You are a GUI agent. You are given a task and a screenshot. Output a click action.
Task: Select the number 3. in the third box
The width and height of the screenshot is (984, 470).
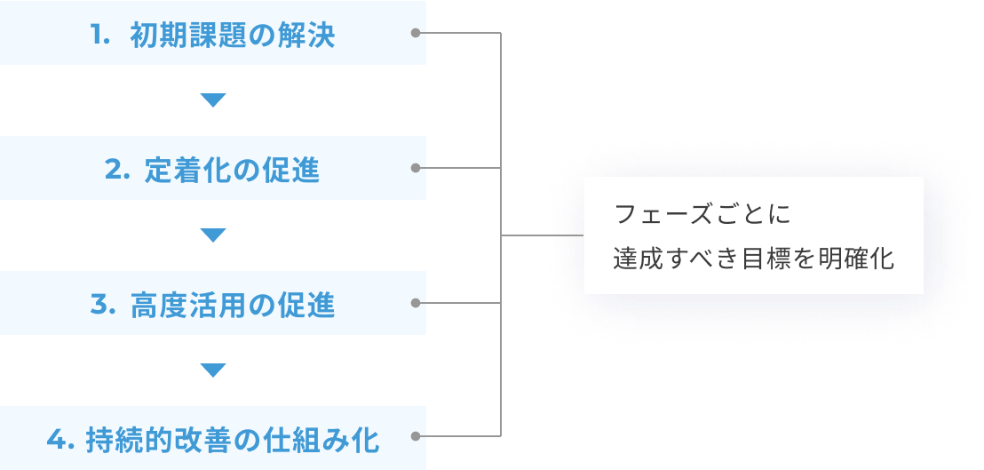pyautogui.click(x=103, y=306)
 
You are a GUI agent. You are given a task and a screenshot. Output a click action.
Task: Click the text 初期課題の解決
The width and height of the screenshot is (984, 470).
pyautogui.click(x=232, y=36)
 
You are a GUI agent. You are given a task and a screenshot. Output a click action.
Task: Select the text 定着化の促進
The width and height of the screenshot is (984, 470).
pyautogui.click(x=232, y=171)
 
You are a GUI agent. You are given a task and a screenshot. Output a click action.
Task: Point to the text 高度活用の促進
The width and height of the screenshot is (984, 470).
pyautogui.click(x=232, y=306)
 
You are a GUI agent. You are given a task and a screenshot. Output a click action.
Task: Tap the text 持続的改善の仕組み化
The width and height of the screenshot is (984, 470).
pyautogui.click(x=232, y=440)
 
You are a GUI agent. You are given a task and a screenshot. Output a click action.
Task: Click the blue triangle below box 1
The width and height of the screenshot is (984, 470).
pyautogui.click(x=213, y=100)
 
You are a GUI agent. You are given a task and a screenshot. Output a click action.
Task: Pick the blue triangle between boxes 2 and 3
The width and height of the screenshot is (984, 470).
pyautogui.click(x=213, y=235)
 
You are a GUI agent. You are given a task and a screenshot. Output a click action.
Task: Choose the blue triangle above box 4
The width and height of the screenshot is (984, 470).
pyautogui.click(x=213, y=370)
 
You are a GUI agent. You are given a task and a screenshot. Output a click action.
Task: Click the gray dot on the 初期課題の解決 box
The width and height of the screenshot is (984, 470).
pyautogui.click(x=416, y=33)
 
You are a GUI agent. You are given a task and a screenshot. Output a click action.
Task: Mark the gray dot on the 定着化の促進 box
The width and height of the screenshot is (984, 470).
pyautogui.click(x=416, y=168)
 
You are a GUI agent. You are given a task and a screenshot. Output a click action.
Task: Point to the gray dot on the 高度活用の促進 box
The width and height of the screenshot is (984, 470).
pyautogui.click(x=416, y=303)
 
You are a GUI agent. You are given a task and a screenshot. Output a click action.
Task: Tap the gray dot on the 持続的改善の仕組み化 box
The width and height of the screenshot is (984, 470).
pyautogui.click(x=416, y=436)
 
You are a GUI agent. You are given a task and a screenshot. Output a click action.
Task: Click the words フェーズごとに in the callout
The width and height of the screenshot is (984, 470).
pyautogui.click(x=702, y=215)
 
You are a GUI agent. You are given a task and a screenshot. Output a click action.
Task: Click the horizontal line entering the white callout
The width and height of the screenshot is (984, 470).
pyautogui.click(x=542, y=235)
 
